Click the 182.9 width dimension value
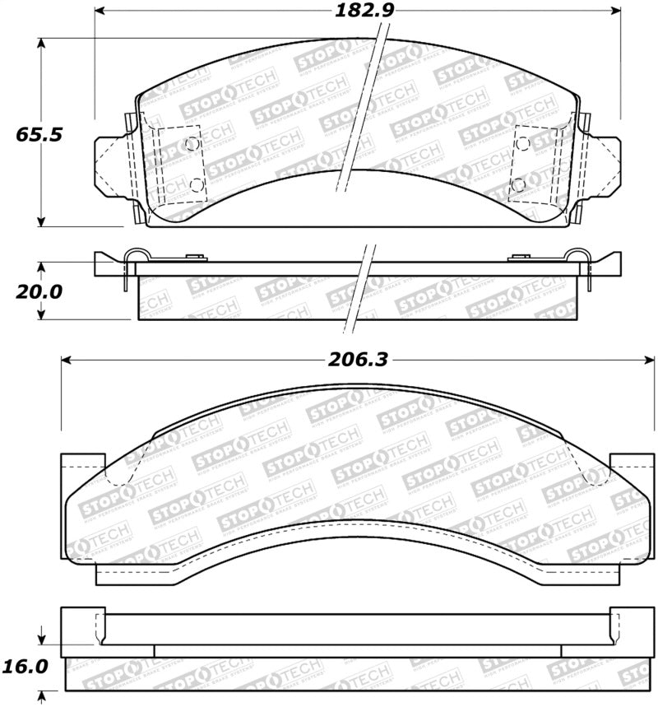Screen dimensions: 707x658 click(356, 12)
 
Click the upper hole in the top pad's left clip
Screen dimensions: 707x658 click(192, 144)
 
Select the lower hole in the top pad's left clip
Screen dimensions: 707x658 click(196, 184)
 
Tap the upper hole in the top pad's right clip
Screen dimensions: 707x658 click(521, 143)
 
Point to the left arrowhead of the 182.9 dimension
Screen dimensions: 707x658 click(100, 12)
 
